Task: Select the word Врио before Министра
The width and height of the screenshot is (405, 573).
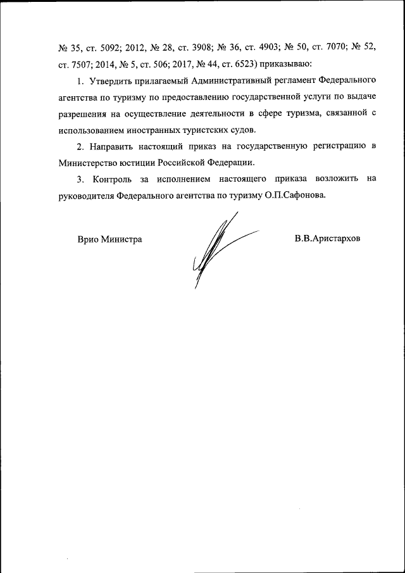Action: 88,240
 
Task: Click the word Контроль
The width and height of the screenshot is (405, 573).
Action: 111,179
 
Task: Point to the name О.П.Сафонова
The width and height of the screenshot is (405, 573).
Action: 296,196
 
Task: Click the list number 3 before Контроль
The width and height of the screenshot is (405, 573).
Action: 80,179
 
